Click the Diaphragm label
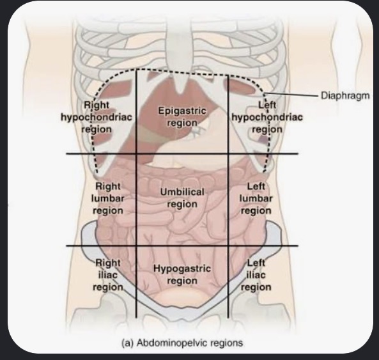point(345,96)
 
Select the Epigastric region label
point(182,117)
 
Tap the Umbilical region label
point(182,198)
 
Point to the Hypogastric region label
point(182,275)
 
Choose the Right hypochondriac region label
point(97,117)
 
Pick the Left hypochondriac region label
point(267,117)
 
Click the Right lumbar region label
point(108,198)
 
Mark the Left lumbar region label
point(256,198)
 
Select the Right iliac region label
point(108,275)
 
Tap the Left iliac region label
point(256,275)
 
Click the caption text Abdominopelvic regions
point(190,343)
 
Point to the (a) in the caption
point(127,343)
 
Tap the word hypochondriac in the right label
point(97,118)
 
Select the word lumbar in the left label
point(256,198)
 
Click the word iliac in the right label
point(108,275)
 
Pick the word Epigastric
point(182,111)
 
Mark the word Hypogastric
point(182,269)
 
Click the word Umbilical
point(182,192)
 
